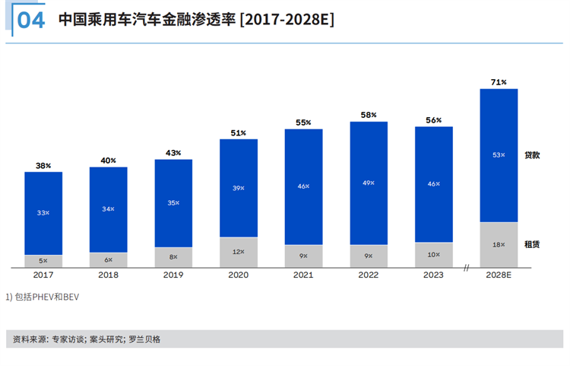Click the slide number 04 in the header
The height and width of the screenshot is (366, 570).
tap(30, 20)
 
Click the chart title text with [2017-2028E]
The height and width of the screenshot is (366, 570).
tap(196, 20)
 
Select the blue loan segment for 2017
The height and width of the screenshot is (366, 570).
tap(43, 213)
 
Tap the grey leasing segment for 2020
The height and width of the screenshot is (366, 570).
tap(239, 252)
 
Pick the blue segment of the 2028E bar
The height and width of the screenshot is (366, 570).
tap(499, 155)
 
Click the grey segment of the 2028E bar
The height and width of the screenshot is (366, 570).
tap(499, 244)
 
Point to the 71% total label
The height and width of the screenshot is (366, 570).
tap(499, 81)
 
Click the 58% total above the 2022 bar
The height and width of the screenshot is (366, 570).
tap(369, 115)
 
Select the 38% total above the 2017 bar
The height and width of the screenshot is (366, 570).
tap(43, 165)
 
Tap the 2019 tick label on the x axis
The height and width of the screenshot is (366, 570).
tap(173, 275)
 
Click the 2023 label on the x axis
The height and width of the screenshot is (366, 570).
tap(434, 275)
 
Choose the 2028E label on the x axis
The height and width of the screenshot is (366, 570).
tap(499, 275)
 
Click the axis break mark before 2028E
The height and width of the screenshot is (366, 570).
tap(467, 267)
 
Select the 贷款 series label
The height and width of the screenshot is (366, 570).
tap(532, 155)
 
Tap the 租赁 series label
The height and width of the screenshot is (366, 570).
tap(532, 244)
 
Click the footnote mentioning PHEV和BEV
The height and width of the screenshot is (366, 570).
tap(43, 297)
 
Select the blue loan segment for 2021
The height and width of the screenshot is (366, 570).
tap(304, 186)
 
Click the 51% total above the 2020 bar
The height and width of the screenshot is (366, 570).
tap(239, 133)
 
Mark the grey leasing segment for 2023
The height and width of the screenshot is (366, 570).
tap(434, 255)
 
